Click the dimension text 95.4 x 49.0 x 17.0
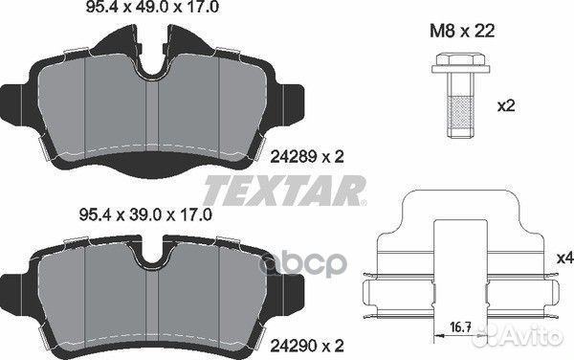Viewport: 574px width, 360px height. point(152,8)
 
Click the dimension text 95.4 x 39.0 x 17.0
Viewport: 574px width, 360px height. point(145,215)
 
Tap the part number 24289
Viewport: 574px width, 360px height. point(294,157)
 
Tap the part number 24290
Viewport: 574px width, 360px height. point(294,345)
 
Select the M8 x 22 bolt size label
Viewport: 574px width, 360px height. point(462,31)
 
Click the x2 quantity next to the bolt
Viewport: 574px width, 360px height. point(506,106)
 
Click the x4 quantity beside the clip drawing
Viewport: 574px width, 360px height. point(564,259)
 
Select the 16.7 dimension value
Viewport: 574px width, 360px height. point(460,326)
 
